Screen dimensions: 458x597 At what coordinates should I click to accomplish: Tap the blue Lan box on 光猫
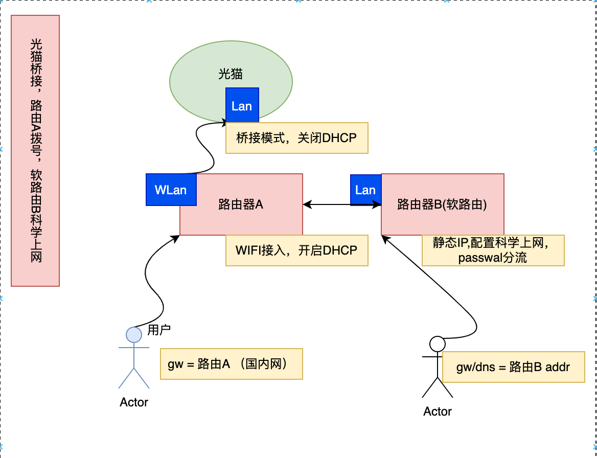(x=242, y=106)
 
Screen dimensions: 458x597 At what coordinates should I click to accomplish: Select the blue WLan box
(x=171, y=190)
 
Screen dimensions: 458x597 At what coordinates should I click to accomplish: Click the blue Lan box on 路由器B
(x=365, y=190)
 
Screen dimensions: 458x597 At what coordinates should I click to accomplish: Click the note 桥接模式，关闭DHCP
(x=296, y=138)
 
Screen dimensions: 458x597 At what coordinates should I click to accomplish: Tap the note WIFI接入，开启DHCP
(x=296, y=250)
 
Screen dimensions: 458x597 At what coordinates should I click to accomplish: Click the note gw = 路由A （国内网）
(x=231, y=364)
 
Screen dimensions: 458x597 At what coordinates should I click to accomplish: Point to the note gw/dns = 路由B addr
(x=513, y=367)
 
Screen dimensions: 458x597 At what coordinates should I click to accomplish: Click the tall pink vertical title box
(x=35, y=150)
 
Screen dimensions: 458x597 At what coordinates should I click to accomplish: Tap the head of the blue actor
(x=134, y=334)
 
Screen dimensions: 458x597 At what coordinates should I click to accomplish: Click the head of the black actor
(x=437, y=343)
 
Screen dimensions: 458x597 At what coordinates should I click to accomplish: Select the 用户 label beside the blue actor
(x=159, y=330)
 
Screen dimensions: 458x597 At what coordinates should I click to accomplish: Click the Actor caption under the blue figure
(x=134, y=402)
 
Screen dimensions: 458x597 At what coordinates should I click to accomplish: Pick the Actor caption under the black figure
(x=438, y=411)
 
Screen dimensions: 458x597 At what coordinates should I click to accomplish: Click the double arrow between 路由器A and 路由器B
(x=341, y=205)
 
